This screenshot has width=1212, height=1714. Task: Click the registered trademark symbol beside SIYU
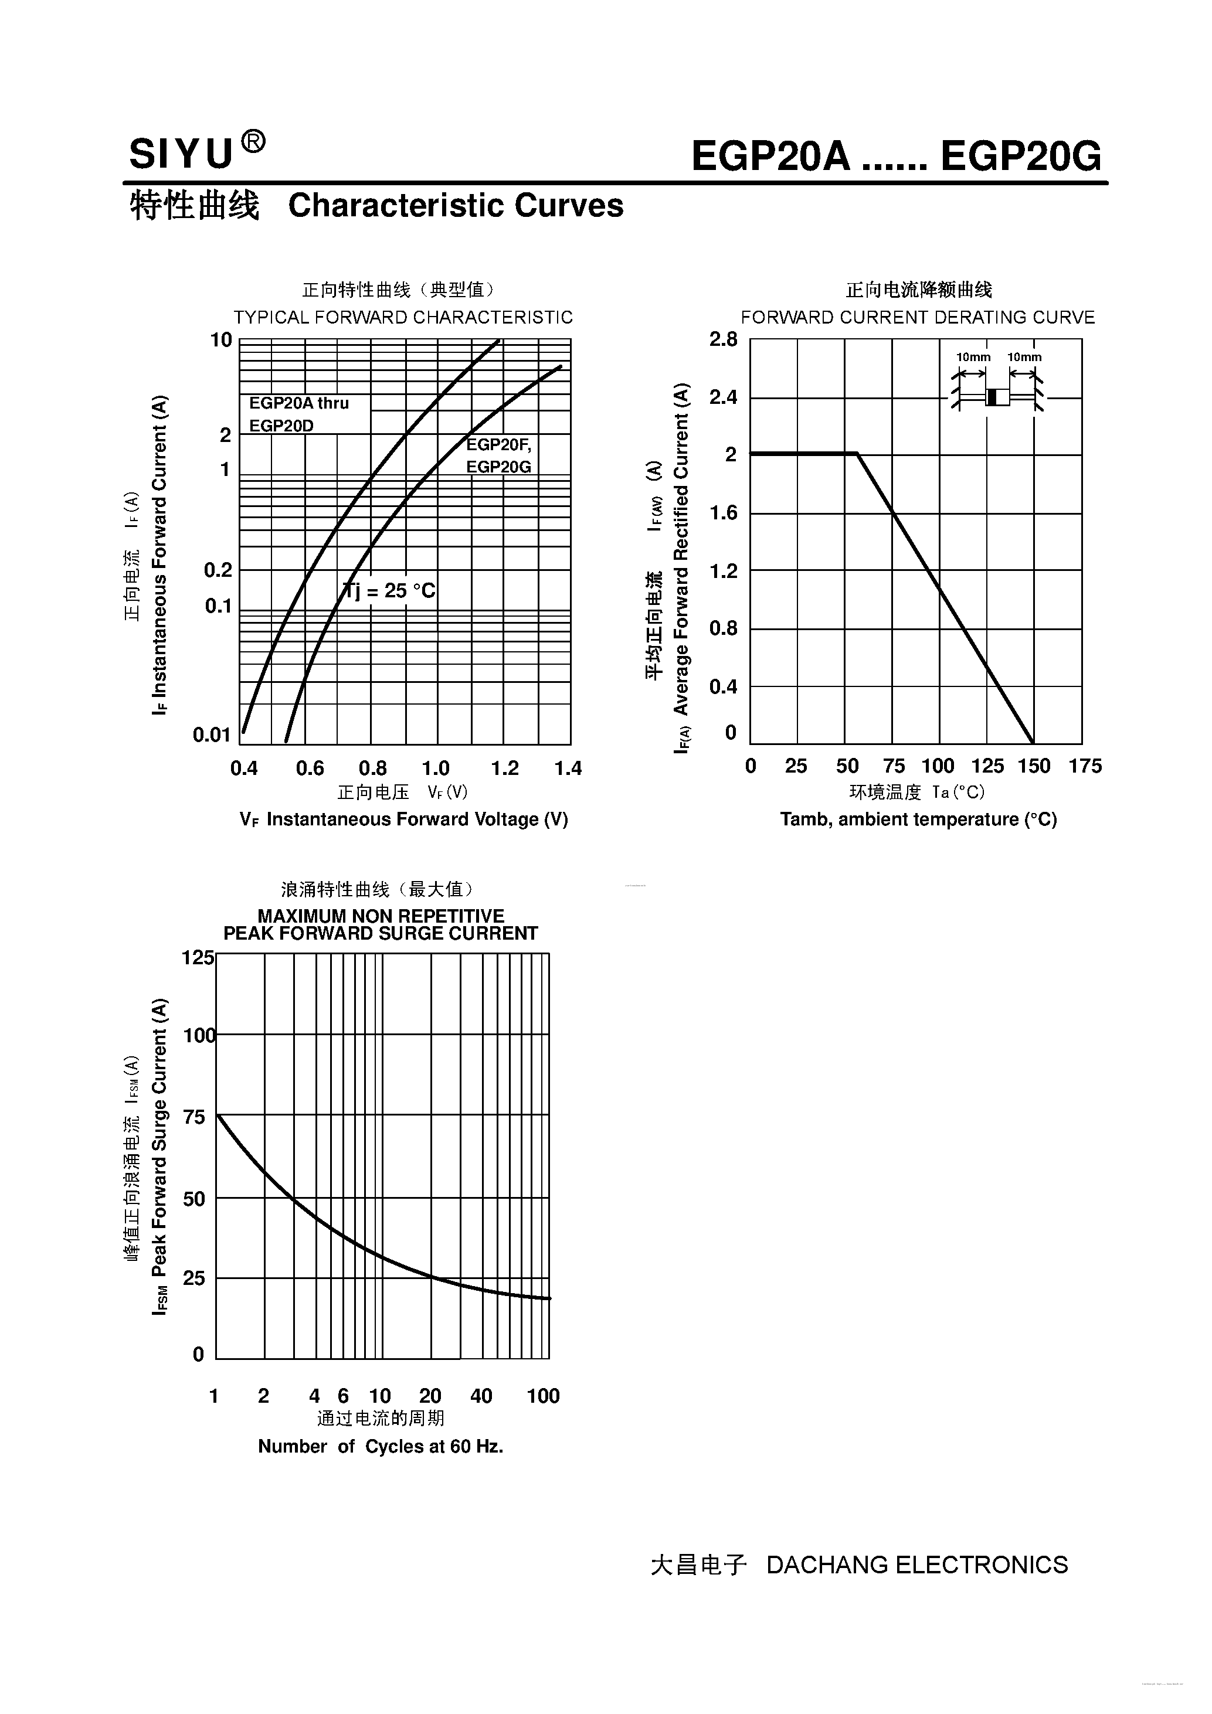[x=254, y=142]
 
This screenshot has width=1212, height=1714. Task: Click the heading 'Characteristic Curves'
[x=456, y=206]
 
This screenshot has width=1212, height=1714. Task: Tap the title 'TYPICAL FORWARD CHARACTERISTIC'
[x=403, y=317]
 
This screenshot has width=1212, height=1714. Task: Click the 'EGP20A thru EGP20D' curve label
[x=298, y=414]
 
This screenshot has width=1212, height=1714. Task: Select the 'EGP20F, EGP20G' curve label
[x=499, y=455]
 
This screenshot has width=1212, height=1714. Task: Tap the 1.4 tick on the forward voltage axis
[x=568, y=768]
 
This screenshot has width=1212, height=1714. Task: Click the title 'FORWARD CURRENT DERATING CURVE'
[x=918, y=317]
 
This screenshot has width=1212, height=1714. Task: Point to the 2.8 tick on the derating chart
[x=723, y=339]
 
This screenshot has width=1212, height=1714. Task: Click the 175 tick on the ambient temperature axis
[x=1084, y=766]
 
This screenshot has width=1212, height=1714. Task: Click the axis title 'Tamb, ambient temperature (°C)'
[x=918, y=819]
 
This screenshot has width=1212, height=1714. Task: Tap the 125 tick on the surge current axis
[x=198, y=957]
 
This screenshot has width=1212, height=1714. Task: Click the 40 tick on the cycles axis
[x=481, y=1396]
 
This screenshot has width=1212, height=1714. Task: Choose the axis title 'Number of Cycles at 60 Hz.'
[x=380, y=1447]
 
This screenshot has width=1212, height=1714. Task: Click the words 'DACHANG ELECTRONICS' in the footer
[x=917, y=1565]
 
